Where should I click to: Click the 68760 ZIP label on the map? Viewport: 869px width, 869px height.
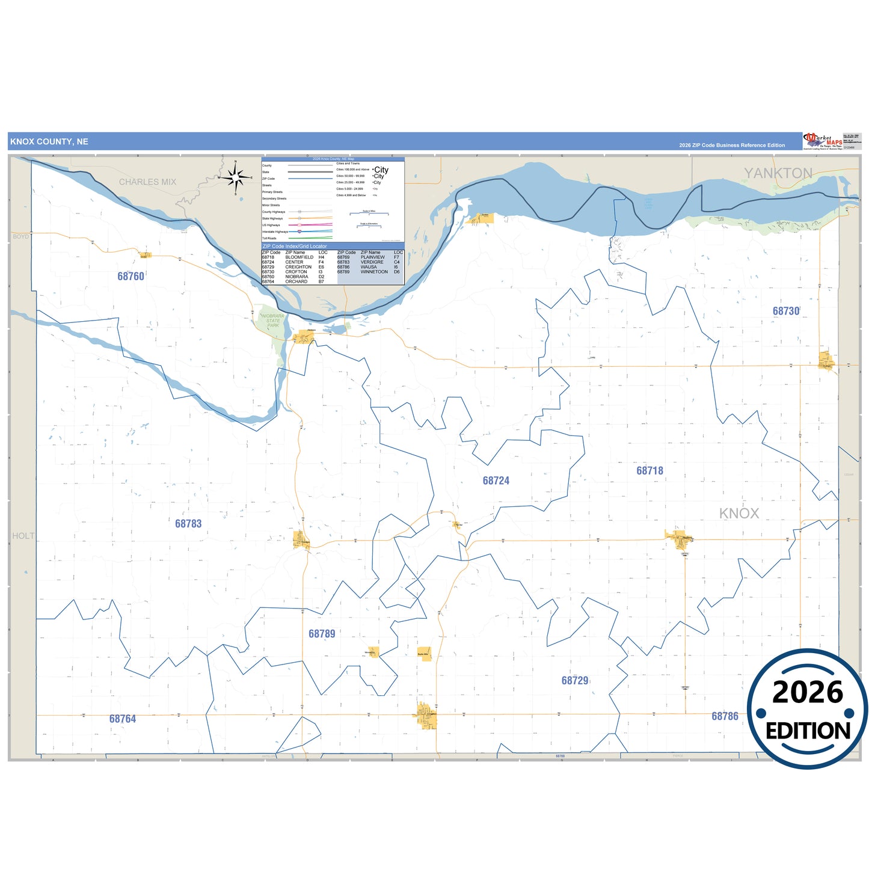(x=131, y=276)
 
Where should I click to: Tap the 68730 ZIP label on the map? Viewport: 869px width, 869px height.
(x=786, y=311)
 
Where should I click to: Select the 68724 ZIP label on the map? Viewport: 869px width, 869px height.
(x=496, y=481)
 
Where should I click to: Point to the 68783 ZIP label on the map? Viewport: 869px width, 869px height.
(x=188, y=523)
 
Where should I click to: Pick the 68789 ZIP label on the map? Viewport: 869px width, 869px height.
(x=322, y=633)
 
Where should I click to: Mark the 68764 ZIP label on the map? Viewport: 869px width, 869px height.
(x=123, y=719)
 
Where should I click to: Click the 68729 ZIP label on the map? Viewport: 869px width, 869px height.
(x=575, y=680)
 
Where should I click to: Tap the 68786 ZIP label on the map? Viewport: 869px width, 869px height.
(x=725, y=716)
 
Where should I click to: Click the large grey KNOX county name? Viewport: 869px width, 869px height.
(x=739, y=513)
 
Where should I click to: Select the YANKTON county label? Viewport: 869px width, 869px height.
(x=778, y=173)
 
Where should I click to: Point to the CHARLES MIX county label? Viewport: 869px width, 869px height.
(x=147, y=182)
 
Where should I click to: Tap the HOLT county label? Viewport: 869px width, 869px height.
(x=23, y=536)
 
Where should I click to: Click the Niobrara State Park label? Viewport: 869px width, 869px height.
(x=273, y=321)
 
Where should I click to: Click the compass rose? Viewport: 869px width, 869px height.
(x=236, y=177)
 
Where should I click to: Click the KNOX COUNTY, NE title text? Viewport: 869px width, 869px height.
(x=49, y=142)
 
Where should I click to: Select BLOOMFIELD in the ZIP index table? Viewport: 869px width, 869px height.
(x=299, y=257)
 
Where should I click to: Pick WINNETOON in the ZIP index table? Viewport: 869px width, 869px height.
(x=374, y=272)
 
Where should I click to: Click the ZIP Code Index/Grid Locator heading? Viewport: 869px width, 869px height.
(x=295, y=246)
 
